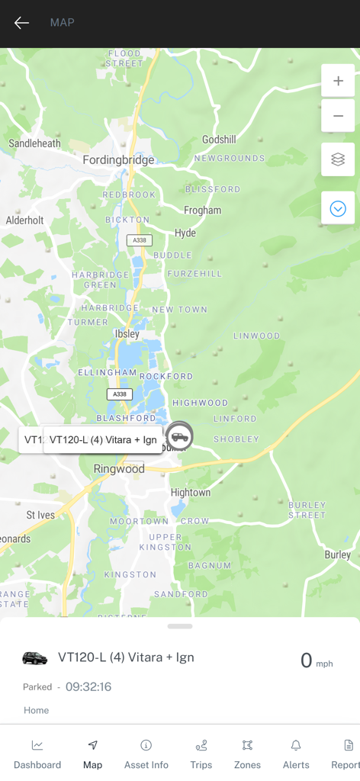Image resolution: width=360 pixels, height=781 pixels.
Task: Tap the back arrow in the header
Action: [x=21, y=23]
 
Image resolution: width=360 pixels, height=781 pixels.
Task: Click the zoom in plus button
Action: [x=338, y=81]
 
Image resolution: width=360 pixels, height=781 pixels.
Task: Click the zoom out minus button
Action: [x=338, y=116]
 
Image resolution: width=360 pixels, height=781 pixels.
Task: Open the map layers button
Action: [x=338, y=159]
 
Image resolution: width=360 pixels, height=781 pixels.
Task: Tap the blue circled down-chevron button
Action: [x=338, y=208]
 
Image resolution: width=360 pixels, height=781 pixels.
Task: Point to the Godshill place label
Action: [x=219, y=140]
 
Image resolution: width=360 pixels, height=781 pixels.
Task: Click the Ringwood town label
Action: [x=119, y=469]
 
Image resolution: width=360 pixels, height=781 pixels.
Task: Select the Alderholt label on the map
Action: [x=25, y=220]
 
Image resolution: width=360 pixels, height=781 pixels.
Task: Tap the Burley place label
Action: [x=337, y=554]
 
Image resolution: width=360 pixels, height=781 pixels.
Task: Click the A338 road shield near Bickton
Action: [x=139, y=240]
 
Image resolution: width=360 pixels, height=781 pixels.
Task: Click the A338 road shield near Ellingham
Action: [x=119, y=394]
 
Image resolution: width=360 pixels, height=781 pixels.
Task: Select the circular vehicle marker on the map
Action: [x=180, y=436]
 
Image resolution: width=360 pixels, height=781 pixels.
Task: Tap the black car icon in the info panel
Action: [x=35, y=658]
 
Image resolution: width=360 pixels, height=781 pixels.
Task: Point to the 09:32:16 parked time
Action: [x=88, y=686]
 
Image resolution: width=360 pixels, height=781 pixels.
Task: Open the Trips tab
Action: [x=201, y=753]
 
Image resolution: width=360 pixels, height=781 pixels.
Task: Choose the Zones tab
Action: [x=247, y=753]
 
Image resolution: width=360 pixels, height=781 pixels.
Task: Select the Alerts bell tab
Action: [x=296, y=753]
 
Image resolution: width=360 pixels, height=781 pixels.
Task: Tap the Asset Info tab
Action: [x=146, y=753]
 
